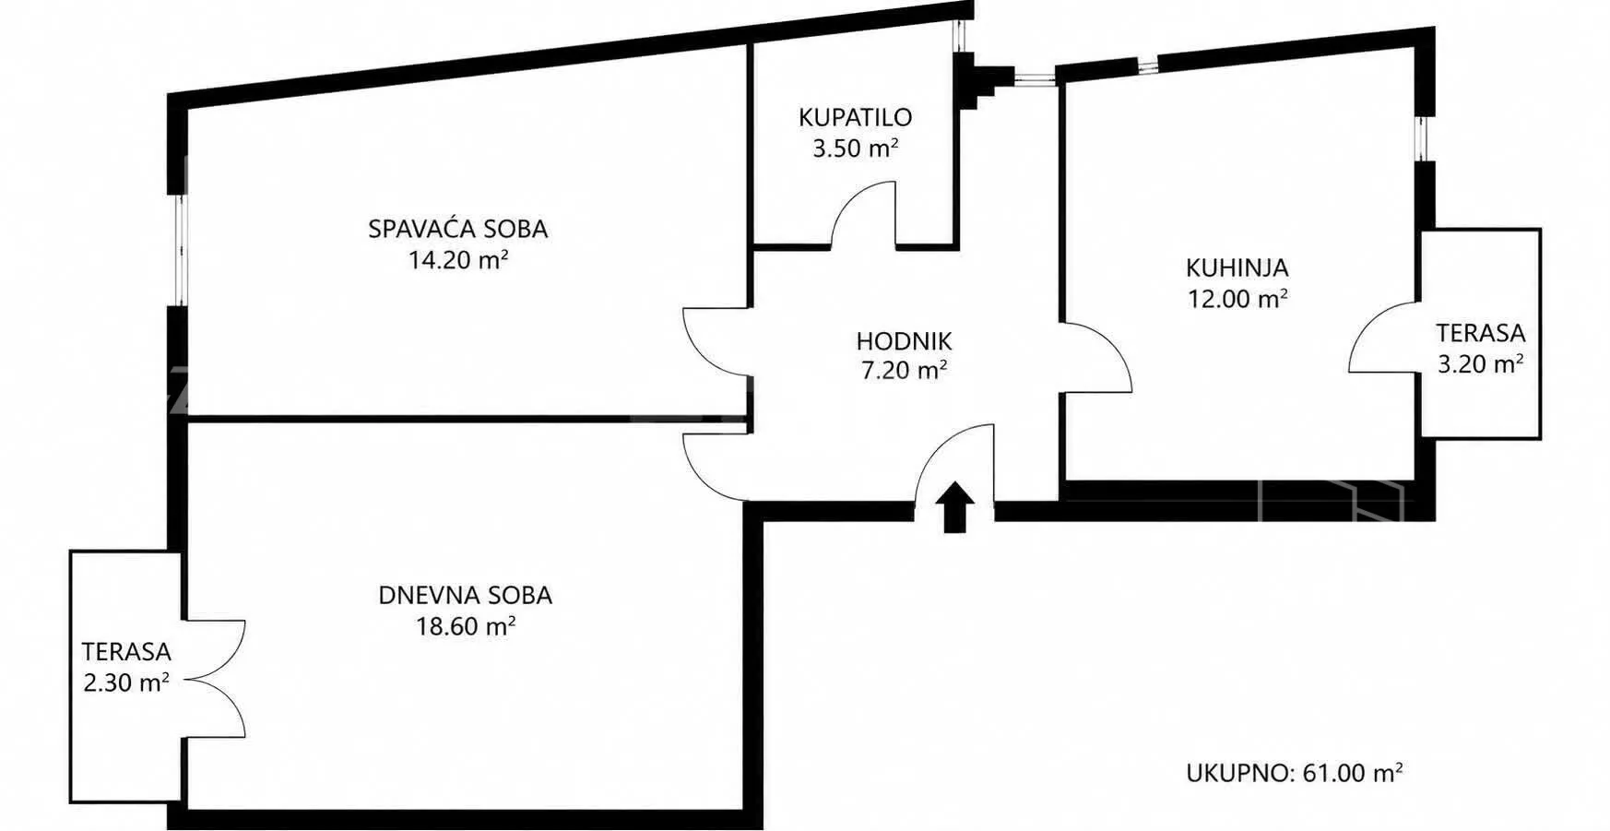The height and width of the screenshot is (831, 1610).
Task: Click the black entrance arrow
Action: coord(955,507)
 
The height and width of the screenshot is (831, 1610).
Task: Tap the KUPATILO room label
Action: coord(855,117)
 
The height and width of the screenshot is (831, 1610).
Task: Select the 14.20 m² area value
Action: coord(459,260)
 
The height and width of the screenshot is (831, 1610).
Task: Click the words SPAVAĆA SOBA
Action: coord(458,228)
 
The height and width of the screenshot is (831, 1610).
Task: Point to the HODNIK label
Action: coord(904,341)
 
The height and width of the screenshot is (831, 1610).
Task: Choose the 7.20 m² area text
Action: coord(904,371)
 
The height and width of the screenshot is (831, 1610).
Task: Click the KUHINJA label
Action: coord(1237,267)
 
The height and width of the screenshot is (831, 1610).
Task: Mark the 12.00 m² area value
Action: coord(1237,299)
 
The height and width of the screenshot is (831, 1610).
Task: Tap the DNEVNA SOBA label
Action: coord(466,595)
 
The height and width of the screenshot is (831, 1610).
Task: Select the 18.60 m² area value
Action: coord(466,626)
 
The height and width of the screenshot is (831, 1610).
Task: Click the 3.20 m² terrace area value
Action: coord(1481,364)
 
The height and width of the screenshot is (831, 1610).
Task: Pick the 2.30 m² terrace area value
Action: coord(126,683)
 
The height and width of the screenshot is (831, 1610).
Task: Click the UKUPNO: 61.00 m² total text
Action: coord(1295,772)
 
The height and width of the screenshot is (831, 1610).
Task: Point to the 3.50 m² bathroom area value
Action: coord(856,148)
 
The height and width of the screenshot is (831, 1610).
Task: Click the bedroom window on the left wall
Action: coord(182,249)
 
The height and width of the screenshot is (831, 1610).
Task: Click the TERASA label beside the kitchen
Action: coord(1481,333)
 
